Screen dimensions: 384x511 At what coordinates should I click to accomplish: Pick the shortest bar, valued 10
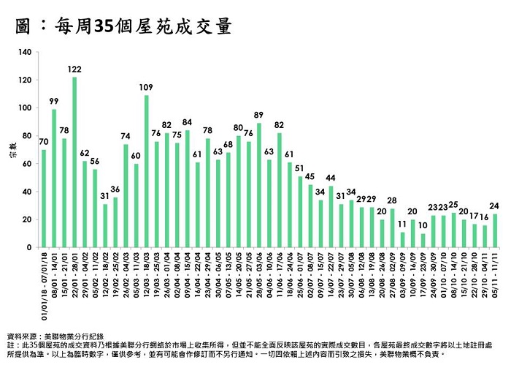pyautogui.click(x=423, y=241)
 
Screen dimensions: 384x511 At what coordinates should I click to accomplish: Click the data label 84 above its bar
pyautogui.click(x=188, y=122)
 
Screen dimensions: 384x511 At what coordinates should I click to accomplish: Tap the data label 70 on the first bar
pyautogui.click(x=44, y=141)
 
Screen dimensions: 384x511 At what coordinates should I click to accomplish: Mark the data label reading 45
pyautogui.click(x=310, y=176)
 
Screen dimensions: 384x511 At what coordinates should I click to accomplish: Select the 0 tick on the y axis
pyautogui.click(x=30, y=248)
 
